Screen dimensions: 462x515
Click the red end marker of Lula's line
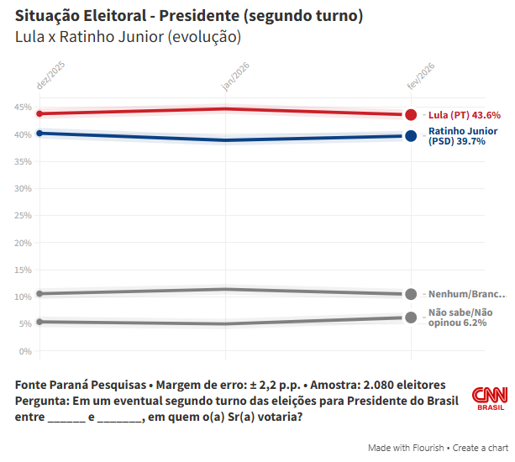tap(411, 115)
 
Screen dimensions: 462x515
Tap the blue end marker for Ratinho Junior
tap(411, 136)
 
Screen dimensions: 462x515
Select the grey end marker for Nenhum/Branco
tap(411, 294)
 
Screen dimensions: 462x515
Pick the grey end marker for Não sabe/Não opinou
tap(411, 318)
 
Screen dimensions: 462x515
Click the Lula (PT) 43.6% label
tap(465, 115)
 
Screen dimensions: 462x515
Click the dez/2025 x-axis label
tap(50, 75)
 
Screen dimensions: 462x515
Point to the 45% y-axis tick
tap(23, 107)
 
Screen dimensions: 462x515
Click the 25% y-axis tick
tap(23, 215)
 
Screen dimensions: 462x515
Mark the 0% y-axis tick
tap(25, 351)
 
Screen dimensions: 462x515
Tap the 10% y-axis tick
tap(23, 297)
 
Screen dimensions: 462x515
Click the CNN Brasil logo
tap(489, 398)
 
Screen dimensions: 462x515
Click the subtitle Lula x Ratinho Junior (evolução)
tap(128, 37)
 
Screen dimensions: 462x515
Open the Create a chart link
tap(481, 448)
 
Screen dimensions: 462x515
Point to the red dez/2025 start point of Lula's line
tap(39, 113)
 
